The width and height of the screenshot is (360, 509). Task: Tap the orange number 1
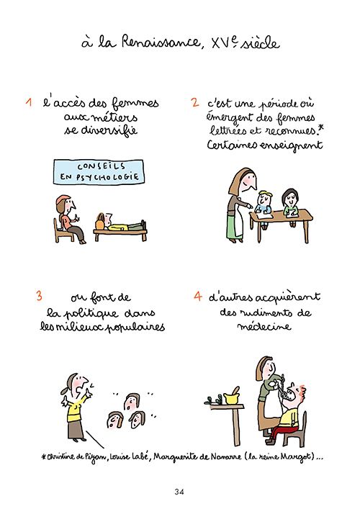(28, 103)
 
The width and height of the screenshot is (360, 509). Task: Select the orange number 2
(194, 103)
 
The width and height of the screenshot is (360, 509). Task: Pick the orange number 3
(39, 296)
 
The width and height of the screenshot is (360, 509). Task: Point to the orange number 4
(197, 296)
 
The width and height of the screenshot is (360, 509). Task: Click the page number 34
(179, 492)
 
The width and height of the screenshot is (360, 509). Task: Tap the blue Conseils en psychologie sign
(96, 171)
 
